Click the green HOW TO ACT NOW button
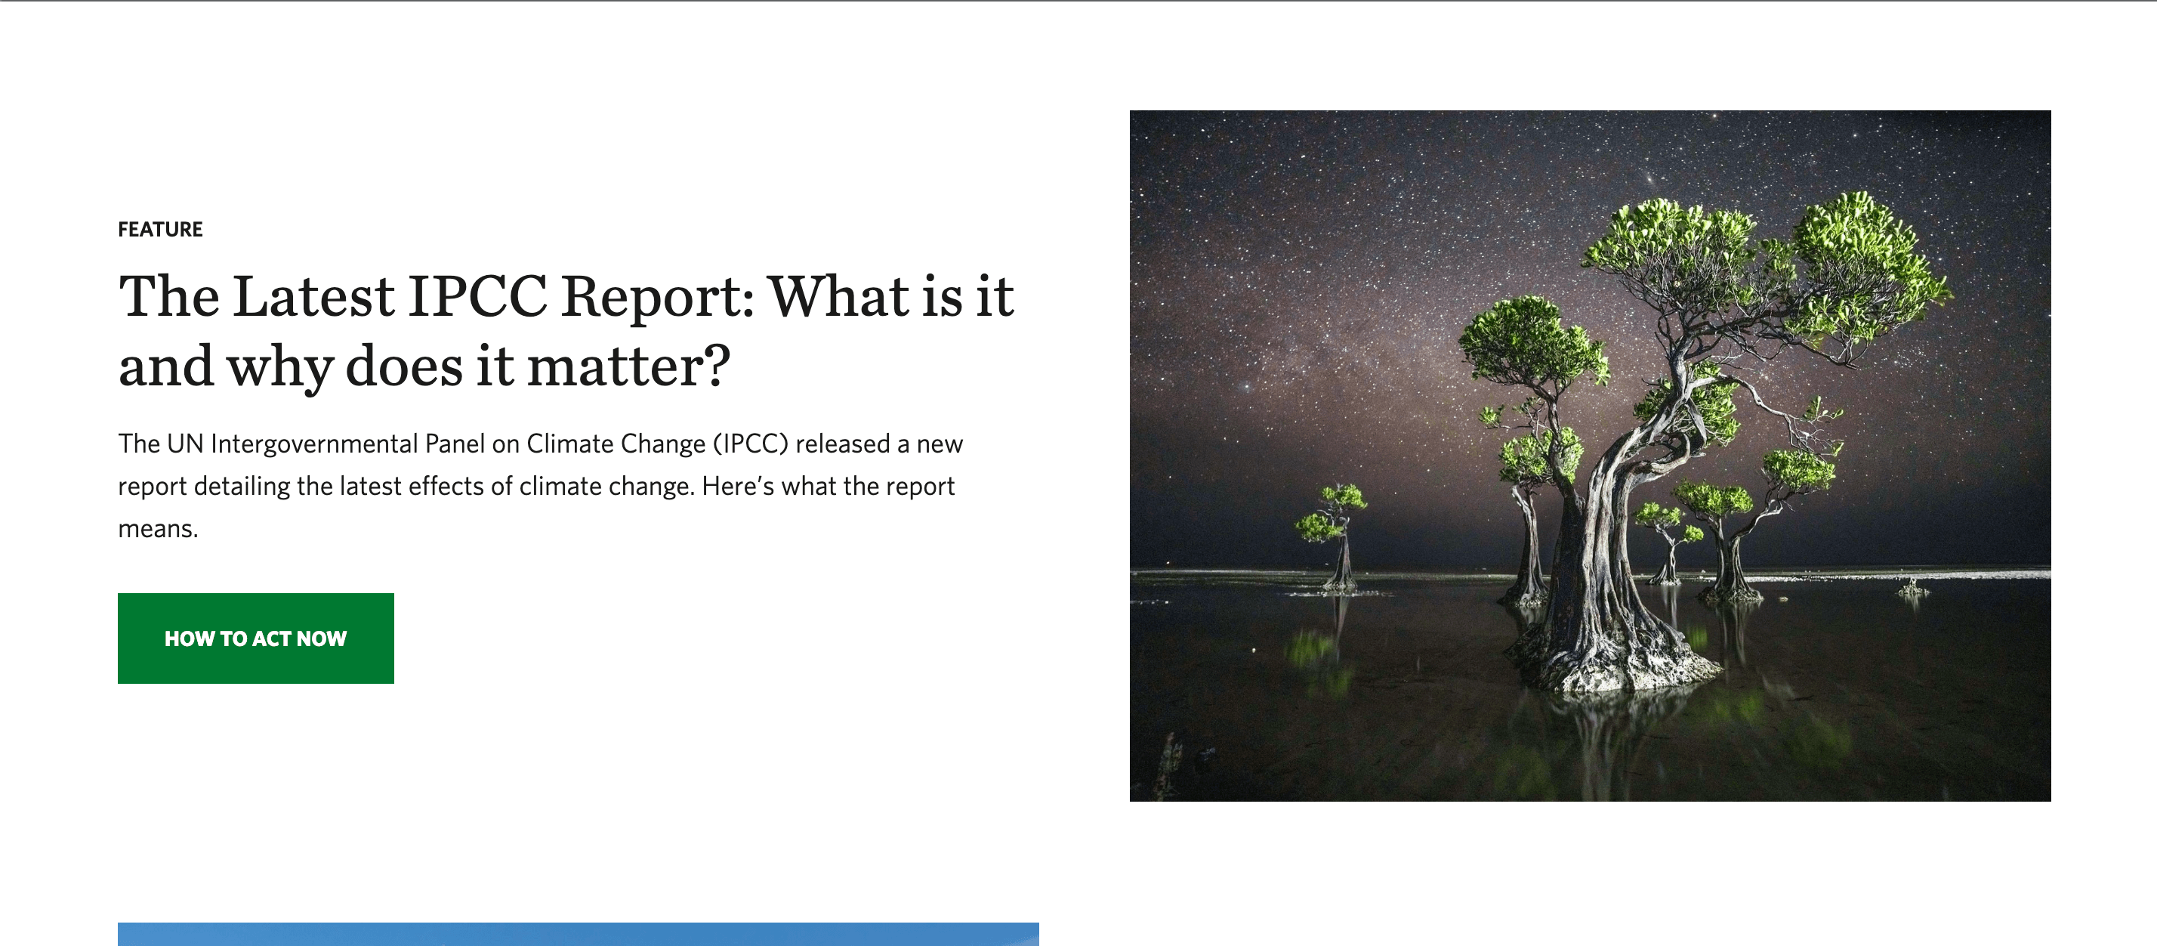255,638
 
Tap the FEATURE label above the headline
160,230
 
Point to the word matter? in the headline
628,366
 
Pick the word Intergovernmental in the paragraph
314,444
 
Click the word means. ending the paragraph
159,530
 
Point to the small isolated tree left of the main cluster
1335,537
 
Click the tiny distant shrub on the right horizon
1912,587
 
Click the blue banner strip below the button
578,934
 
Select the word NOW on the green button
322,639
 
